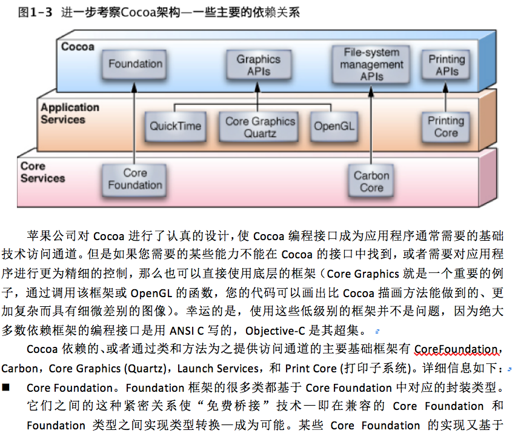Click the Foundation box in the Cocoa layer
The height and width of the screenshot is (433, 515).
(x=136, y=64)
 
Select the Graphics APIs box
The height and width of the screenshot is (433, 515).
(x=259, y=65)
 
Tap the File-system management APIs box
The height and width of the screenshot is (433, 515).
(x=371, y=64)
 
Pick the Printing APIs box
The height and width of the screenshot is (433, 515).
(x=447, y=65)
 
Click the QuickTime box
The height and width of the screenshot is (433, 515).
(x=176, y=126)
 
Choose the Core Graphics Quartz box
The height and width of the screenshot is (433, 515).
(x=260, y=127)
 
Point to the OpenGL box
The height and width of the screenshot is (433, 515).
(x=334, y=126)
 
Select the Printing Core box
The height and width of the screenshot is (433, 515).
(x=446, y=126)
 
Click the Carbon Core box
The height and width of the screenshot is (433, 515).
(x=371, y=181)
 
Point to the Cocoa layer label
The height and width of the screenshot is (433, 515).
(x=78, y=47)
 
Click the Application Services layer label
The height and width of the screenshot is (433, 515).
(x=70, y=113)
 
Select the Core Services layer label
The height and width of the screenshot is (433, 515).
(x=42, y=172)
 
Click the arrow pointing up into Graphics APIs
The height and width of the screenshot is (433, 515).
(x=258, y=91)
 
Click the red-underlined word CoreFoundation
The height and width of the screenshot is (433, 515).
(x=456, y=349)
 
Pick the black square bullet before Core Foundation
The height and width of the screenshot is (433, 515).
(x=7, y=388)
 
